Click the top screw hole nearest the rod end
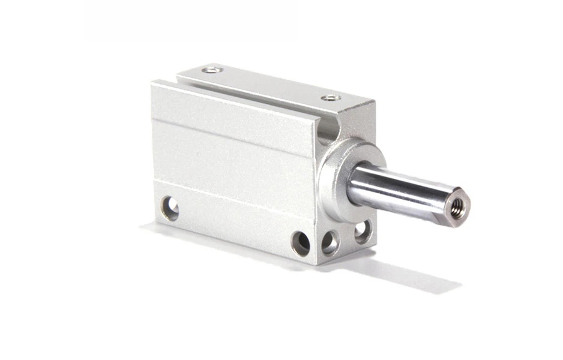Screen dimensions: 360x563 click(331, 97)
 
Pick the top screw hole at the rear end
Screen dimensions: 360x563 click(212, 70)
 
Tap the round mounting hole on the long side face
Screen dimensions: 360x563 click(170, 208)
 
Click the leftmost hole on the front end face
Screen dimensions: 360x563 click(301, 243)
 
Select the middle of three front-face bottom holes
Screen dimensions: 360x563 click(330, 242)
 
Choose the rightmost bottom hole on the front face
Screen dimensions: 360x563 click(362, 232)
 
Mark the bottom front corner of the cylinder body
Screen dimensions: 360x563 click(316, 263)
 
